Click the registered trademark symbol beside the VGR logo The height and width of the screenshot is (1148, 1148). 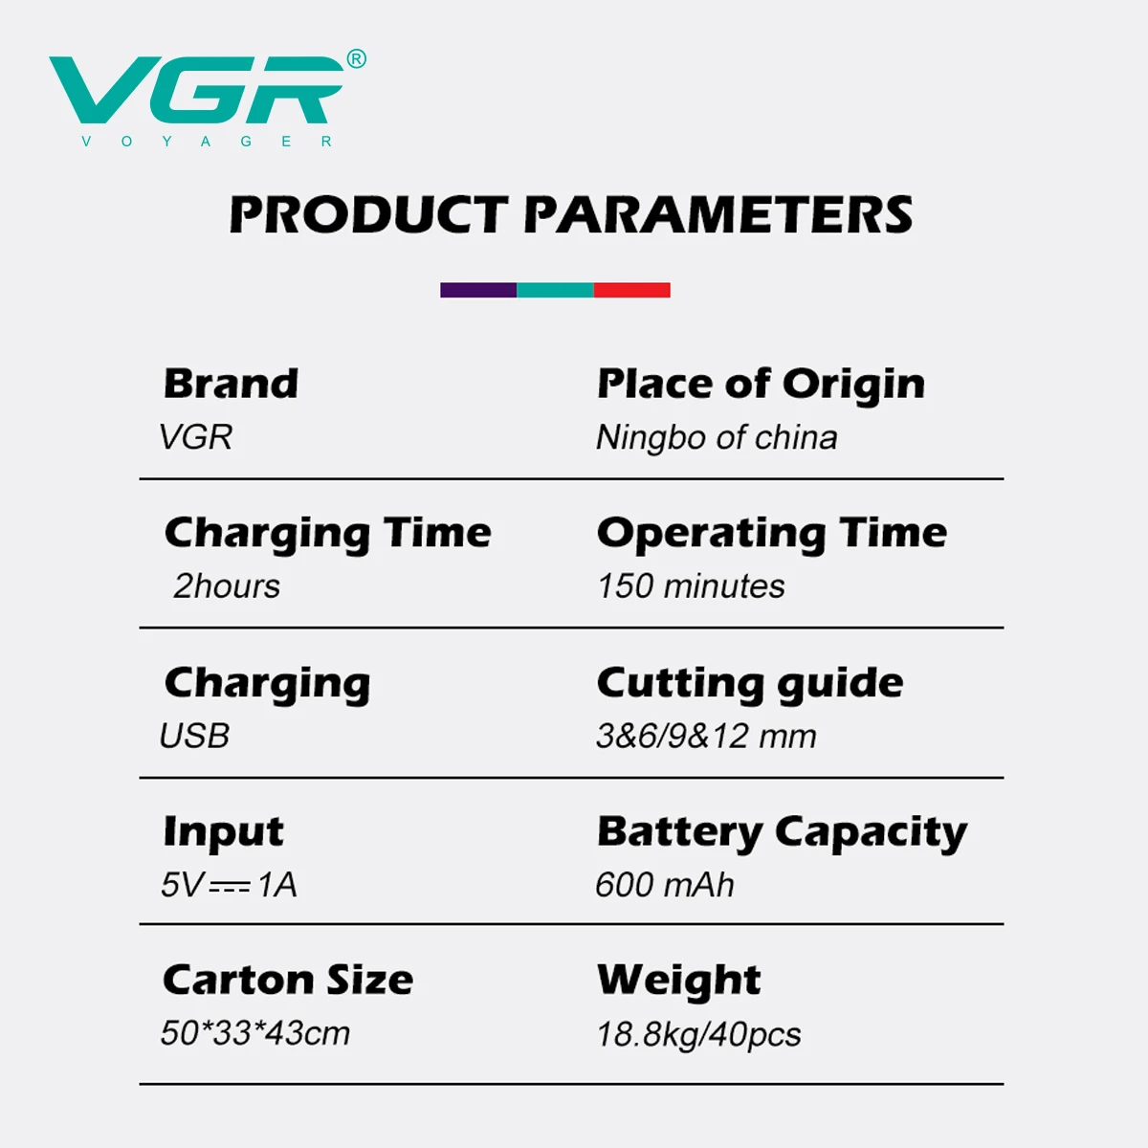(x=356, y=59)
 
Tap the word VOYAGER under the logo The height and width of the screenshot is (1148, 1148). (x=206, y=142)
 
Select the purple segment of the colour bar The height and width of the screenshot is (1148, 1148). (x=478, y=290)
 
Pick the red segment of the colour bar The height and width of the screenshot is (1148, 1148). (x=631, y=290)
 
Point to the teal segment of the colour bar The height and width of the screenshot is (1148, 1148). (x=555, y=290)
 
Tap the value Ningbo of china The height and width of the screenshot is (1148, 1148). (x=717, y=438)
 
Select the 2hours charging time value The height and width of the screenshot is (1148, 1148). (x=227, y=586)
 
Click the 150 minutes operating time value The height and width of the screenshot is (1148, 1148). (x=691, y=586)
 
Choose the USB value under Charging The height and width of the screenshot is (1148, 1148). (x=194, y=736)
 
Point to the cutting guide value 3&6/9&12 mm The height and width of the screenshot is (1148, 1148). (x=707, y=736)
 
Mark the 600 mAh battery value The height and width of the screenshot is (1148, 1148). (x=664, y=885)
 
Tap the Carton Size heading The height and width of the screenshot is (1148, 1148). (x=288, y=980)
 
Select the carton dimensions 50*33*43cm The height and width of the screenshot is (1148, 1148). (x=255, y=1033)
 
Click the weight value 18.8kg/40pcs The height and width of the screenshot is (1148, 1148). (x=698, y=1035)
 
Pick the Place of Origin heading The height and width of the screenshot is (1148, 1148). (x=761, y=385)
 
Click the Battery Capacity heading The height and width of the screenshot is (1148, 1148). (x=782, y=833)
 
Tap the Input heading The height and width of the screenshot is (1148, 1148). (x=224, y=833)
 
